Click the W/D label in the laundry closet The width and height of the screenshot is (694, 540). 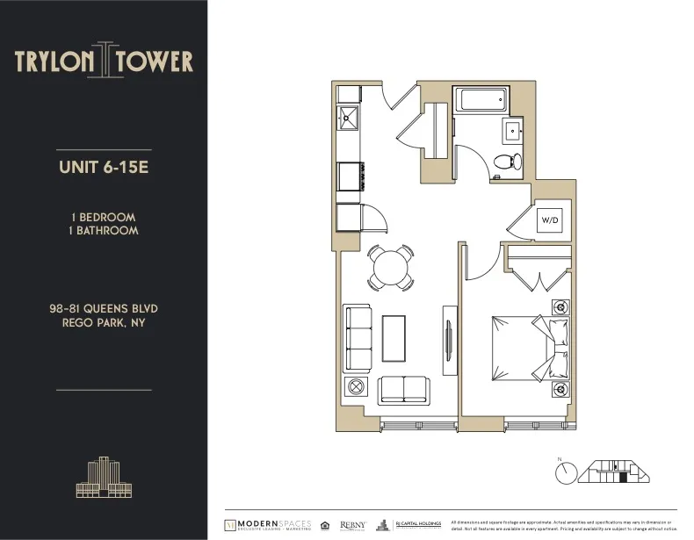551,219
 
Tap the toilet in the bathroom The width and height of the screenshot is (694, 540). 506,161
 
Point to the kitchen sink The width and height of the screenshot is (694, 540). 349,116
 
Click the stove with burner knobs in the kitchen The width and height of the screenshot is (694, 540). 349,176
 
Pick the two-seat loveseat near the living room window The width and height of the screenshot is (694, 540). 403,388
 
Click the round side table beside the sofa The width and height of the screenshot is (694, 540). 356,387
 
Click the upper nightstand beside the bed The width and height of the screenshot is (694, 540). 559,307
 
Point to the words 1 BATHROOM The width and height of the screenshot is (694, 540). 103,231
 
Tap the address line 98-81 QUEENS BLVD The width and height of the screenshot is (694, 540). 104,309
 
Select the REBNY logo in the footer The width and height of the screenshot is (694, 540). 353,524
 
